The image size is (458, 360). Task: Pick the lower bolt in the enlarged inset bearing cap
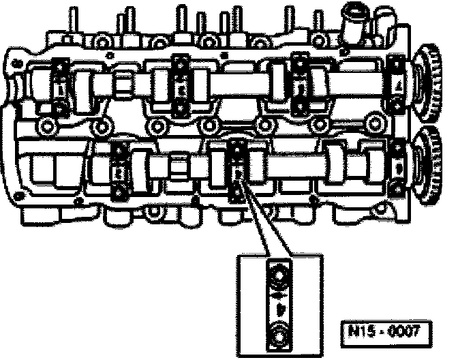tap(278, 335)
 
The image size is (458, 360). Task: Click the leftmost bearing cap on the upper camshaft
tap(61, 87)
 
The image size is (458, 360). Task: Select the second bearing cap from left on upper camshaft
tap(181, 86)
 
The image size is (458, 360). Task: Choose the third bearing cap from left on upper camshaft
tap(299, 86)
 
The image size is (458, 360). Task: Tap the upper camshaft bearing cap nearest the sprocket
tap(395, 85)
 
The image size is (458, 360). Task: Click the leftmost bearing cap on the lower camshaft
tap(119, 170)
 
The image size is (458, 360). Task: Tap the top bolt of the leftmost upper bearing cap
tap(60, 67)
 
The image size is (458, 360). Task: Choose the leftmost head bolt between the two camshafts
tap(47, 127)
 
